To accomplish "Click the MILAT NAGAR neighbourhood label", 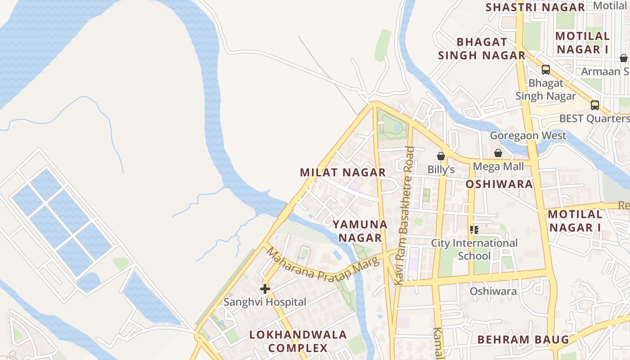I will [x=343, y=172].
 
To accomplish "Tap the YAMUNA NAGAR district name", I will [x=360, y=230].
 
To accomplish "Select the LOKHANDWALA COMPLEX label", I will [x=298, y=341].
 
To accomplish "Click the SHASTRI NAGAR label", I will [x=535, y=7].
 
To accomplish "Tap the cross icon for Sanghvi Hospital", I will [x=265, y=288].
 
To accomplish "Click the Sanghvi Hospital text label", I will [x=265, y=302].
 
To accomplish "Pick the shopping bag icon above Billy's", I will [x=441, y=156].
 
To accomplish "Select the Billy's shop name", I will [x=441, y=170].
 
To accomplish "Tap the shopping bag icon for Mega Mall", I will [x=498, y=153].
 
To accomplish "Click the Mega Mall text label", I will [x=498, y=166].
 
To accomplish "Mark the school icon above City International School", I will [x=474, y=230].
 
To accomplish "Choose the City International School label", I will [x=474, y=249].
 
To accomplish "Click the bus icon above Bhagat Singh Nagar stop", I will [x=546, y=70].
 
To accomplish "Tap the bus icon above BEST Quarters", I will [x=594, y=105].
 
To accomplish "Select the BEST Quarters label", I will [x=594, y=118].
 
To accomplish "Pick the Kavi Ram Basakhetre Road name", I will [x=404, y=216].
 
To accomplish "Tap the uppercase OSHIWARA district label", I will [x=499, y=184].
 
